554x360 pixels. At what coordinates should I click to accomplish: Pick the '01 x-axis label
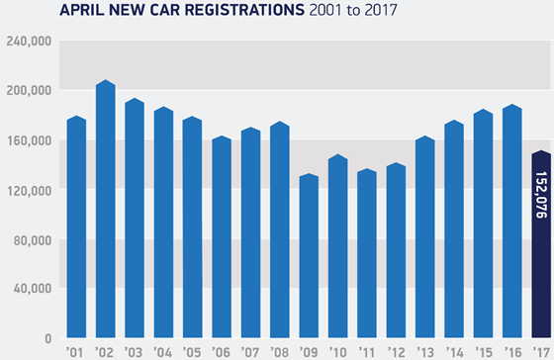tap(76, 350)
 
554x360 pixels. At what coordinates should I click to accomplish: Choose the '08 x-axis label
tap(278, 350)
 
